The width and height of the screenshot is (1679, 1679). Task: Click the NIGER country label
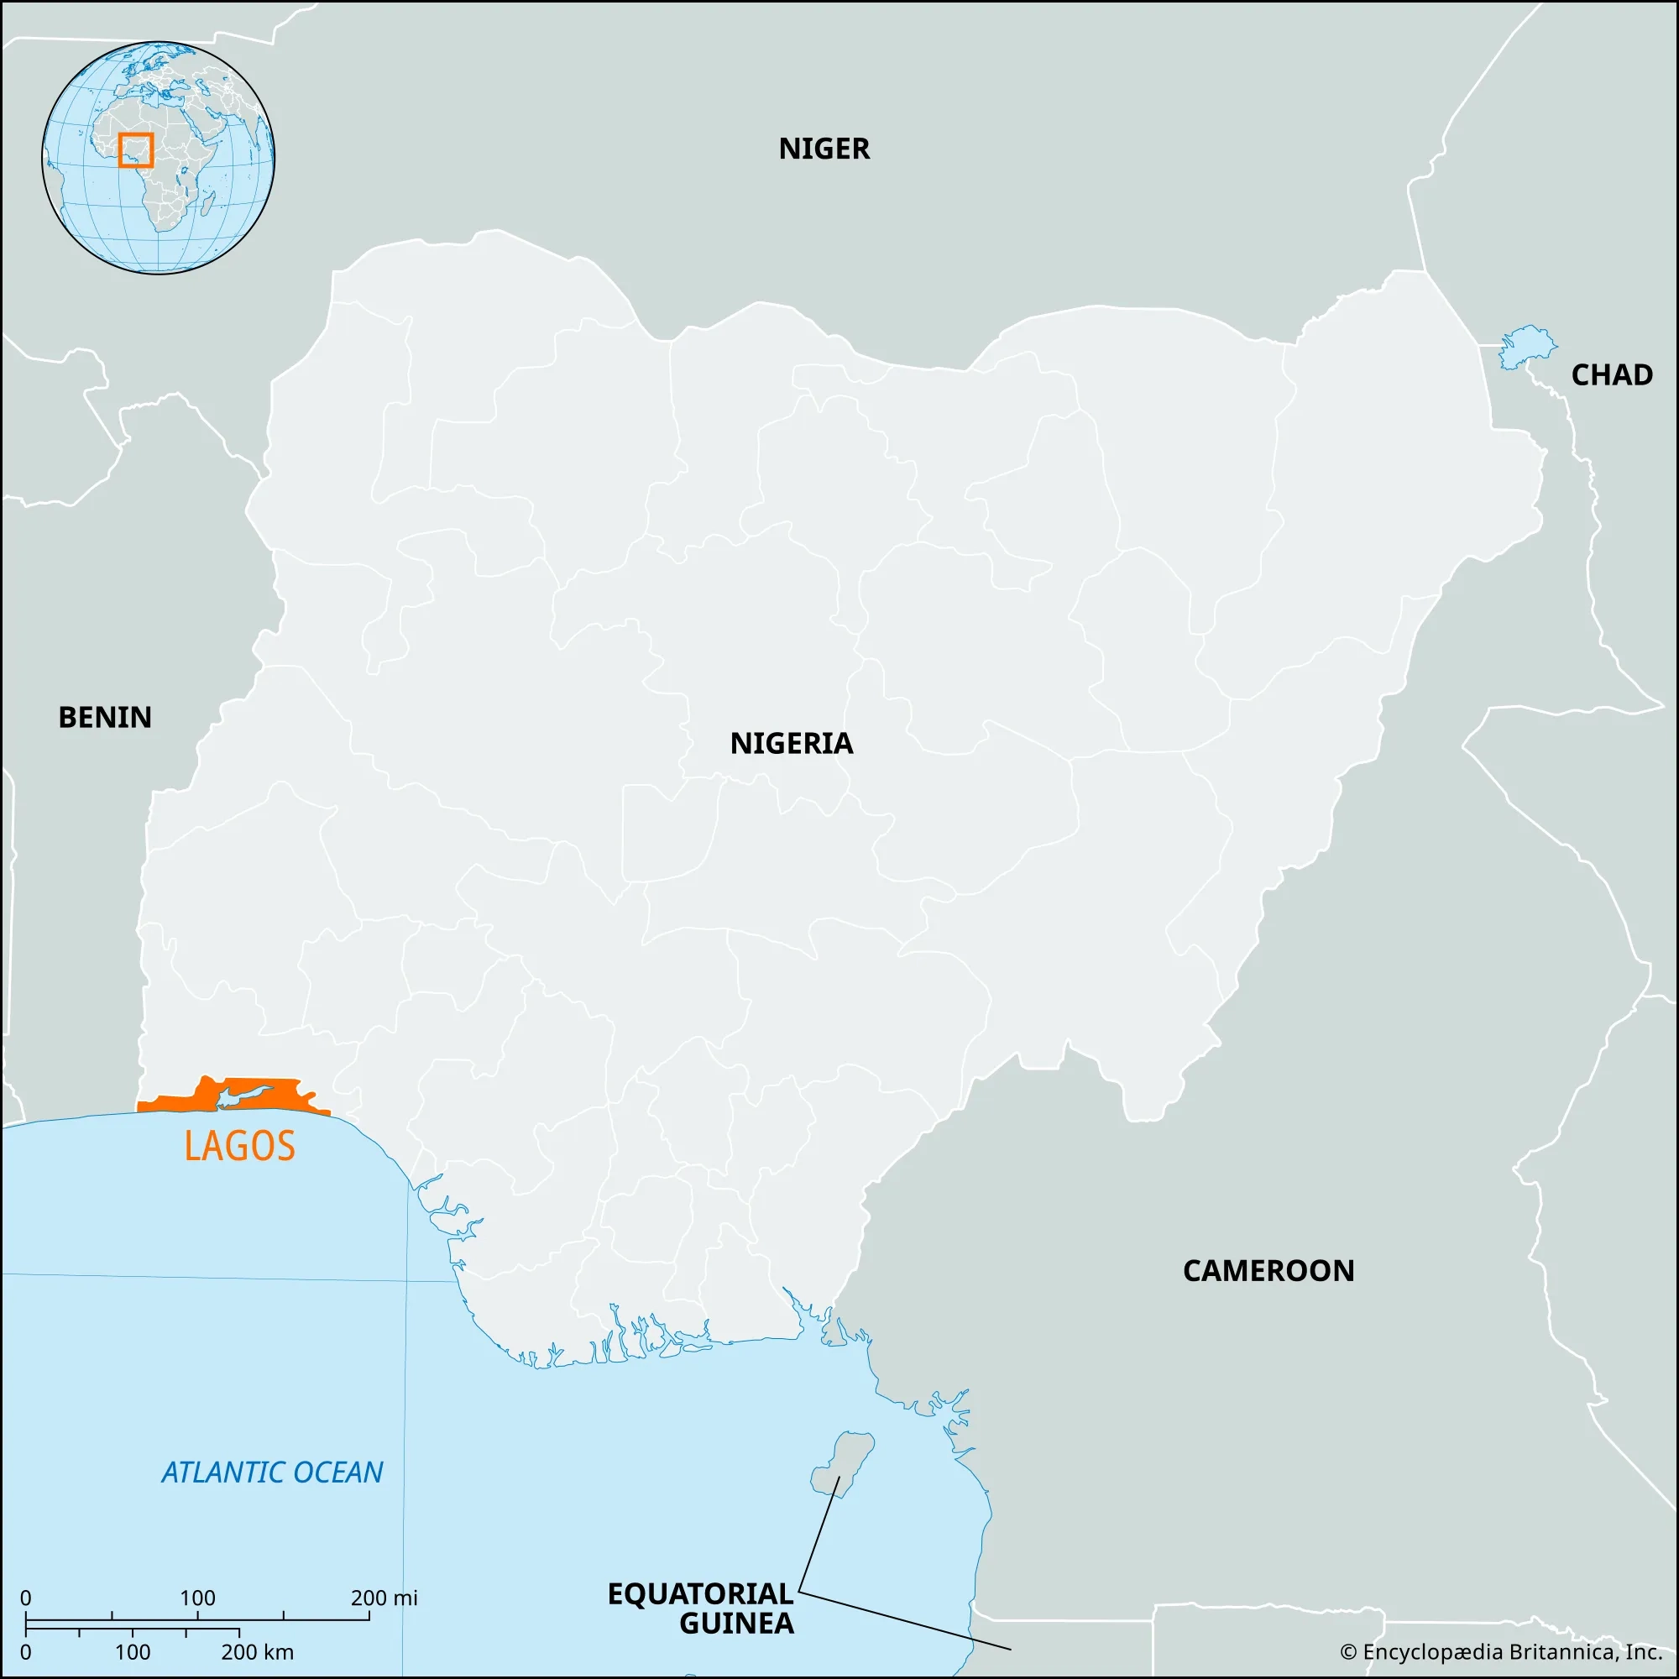824,149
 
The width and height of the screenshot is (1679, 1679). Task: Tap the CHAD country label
1611,375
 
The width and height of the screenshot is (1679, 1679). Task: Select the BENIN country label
105,718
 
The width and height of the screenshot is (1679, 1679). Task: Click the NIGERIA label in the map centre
792,744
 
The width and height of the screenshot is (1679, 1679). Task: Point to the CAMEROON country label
1268,1271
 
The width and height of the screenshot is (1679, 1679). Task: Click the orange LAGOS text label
240,1146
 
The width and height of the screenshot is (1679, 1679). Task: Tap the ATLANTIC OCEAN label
272,1472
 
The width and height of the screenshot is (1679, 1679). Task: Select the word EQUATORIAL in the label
700,1594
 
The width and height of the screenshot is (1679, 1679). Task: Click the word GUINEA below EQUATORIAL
736,1624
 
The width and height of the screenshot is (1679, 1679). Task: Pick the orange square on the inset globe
135,149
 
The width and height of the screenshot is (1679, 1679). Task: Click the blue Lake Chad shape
1527,347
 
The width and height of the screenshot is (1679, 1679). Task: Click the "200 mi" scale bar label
384,1598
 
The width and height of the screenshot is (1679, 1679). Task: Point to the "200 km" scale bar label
257,1652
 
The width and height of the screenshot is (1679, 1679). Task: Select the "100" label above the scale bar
197,1598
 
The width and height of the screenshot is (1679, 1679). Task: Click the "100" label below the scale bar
132,1652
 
